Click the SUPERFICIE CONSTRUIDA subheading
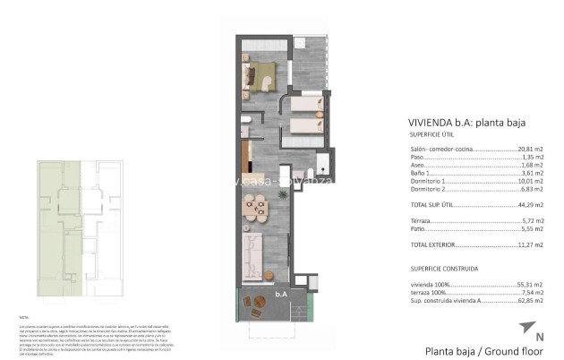(443, 267)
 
